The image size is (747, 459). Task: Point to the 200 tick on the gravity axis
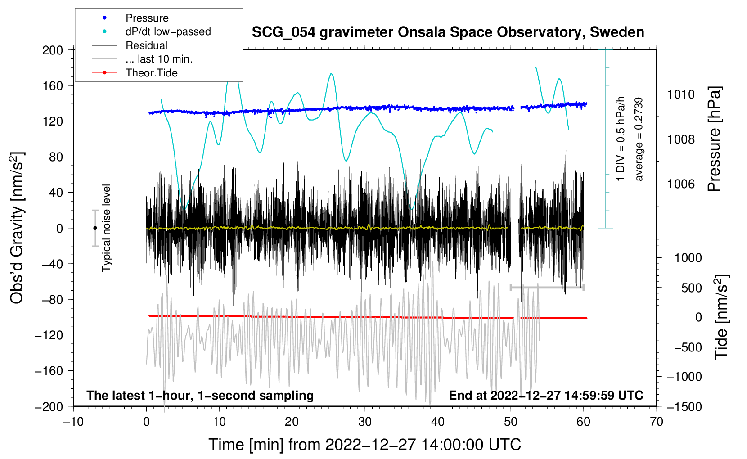53,50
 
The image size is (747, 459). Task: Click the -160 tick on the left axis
49,371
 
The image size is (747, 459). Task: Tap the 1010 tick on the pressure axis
681,94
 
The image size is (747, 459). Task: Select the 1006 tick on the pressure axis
681,184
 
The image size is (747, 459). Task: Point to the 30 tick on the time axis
365,422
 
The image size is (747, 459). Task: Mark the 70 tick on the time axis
656,422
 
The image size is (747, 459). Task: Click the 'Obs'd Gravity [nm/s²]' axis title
17,228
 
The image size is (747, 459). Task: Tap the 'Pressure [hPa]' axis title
714,139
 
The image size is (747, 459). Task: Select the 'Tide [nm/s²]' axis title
721,317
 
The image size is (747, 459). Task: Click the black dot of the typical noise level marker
95,228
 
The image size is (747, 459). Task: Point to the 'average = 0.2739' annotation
638,139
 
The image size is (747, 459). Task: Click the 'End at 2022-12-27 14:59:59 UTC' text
546,395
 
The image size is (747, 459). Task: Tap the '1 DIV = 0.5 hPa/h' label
620,139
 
